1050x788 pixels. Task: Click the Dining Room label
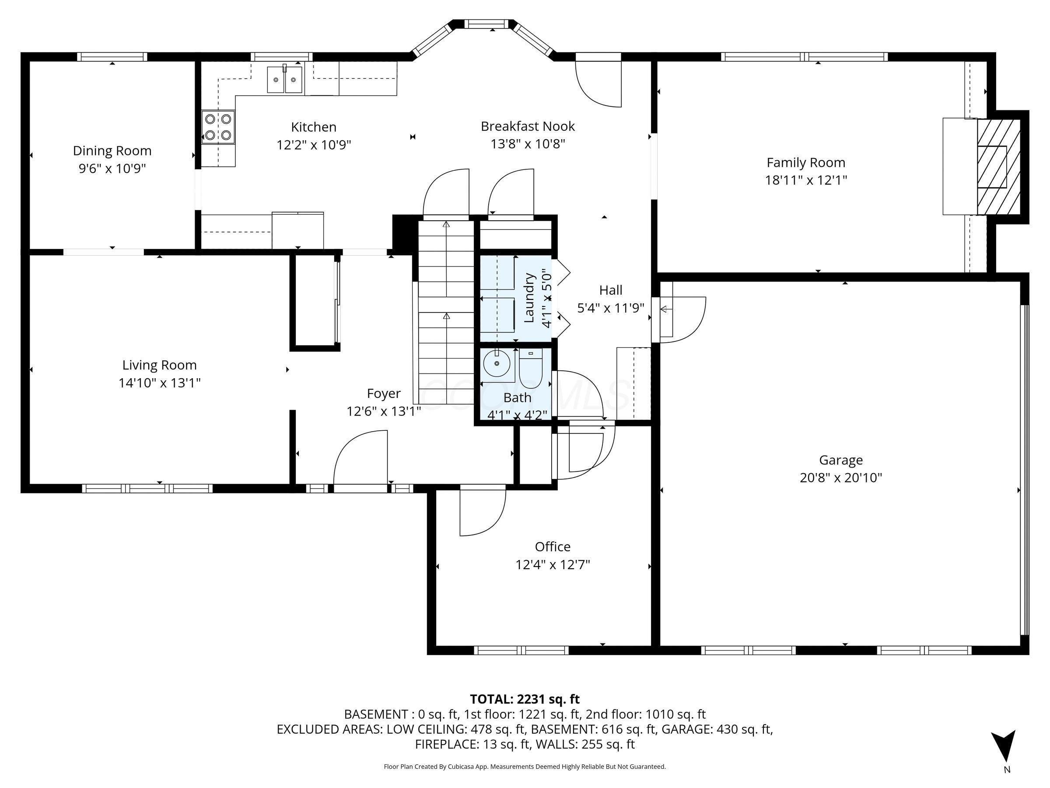coord(112,151)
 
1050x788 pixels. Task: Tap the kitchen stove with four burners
coord(218,127)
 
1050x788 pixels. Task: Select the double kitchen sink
coord(284,79)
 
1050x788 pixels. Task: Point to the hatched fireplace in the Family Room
coord(998,167)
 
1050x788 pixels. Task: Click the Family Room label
coord(805,162)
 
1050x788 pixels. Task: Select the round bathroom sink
coord(497,364)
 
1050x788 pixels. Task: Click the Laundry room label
coord(529,298)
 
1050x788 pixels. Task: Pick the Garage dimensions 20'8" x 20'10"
coord(841,477)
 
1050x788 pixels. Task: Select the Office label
coord(553,546)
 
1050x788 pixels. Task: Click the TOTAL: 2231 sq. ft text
coord(525,699)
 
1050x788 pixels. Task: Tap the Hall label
coord(610,290)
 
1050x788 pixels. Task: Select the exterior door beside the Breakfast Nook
coord(598,78)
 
